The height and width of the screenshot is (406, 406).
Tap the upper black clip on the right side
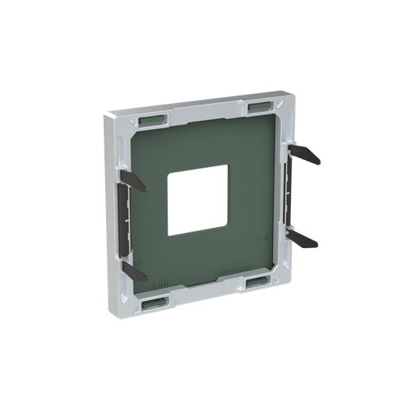tap(304, 155)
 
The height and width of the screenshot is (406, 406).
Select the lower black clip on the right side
tap(304, 239)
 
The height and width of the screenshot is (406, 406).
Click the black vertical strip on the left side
tap(123, 218)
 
